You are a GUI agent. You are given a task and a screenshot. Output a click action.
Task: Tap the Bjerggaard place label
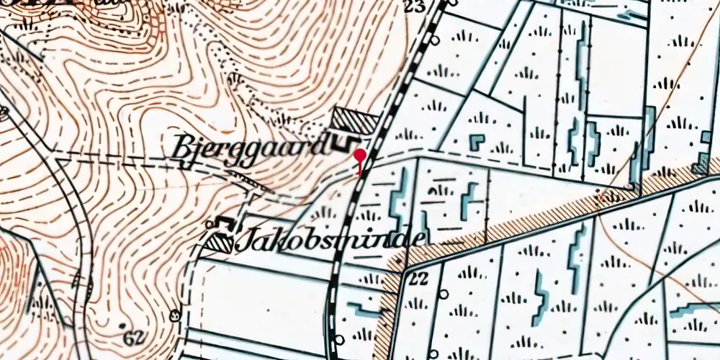pos(249,148)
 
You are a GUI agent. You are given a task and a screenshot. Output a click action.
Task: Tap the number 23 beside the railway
pos(414,7)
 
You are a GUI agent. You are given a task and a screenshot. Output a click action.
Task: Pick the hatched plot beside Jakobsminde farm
pos(217,243)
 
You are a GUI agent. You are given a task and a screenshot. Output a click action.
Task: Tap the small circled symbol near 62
pos(175,315)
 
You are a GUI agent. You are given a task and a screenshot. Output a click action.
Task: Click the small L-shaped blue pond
pos(477,141)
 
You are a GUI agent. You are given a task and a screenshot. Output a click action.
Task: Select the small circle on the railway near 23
pos(452,2)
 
